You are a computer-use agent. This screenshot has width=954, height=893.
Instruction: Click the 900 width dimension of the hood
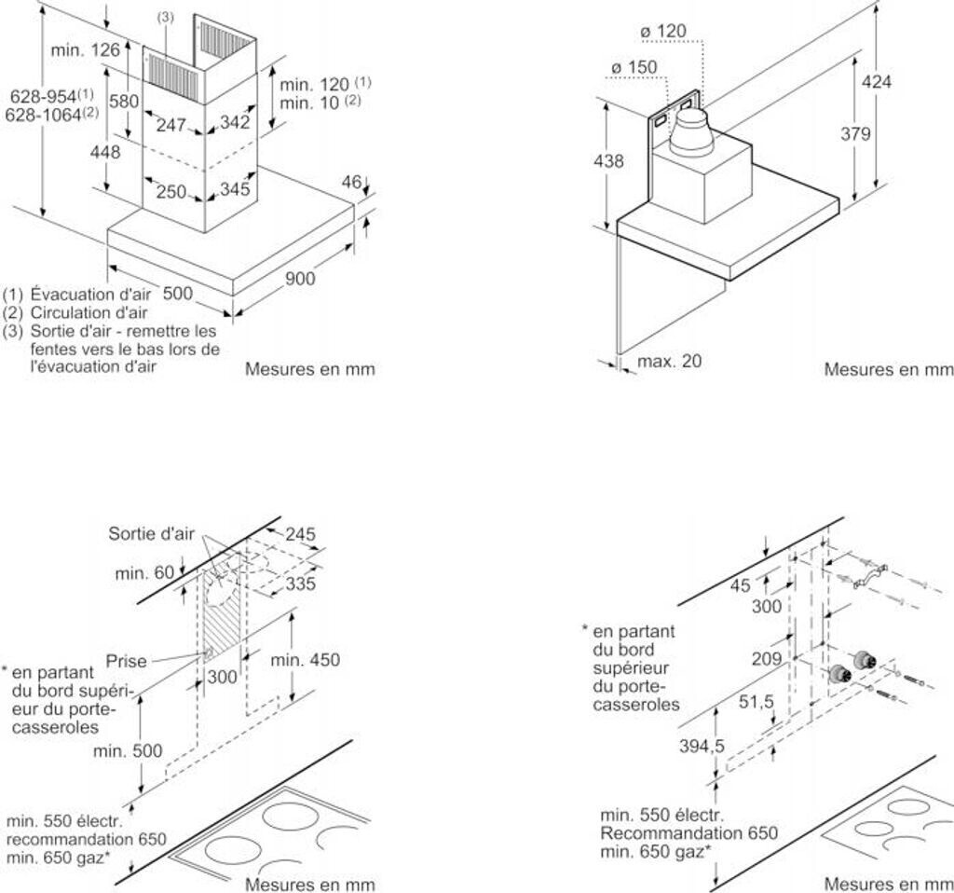300,278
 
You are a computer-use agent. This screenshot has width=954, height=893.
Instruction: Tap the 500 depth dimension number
177,294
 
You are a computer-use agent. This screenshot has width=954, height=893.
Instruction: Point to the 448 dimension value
105,151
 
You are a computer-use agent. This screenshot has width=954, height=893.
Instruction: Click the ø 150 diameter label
634,67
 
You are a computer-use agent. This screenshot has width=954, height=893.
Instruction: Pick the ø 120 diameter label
663,32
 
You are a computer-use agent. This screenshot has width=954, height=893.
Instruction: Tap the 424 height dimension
876,82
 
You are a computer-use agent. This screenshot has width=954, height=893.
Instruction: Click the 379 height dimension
855,133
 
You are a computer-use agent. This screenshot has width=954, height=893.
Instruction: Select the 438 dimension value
608,161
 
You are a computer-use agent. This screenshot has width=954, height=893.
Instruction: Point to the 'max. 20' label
670,361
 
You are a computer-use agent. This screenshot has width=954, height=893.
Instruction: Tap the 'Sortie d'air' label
151,533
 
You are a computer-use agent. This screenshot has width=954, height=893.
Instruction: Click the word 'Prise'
127,661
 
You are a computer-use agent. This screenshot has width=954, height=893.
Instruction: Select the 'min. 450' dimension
306,660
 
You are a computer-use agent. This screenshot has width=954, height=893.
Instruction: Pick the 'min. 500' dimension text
128,749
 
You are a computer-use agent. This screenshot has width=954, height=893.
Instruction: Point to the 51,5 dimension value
756,702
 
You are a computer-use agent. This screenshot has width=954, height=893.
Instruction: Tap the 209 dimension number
767,659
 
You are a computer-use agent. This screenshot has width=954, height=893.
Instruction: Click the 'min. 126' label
87,50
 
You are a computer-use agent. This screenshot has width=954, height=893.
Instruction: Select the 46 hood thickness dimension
351,183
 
